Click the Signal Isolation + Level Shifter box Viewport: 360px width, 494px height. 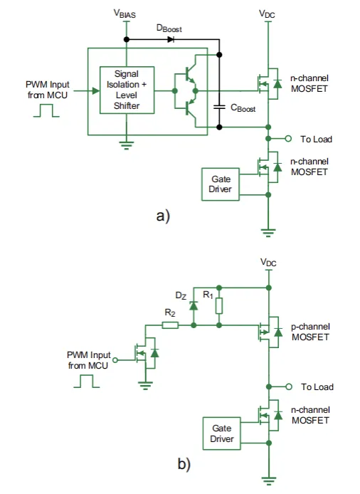coord(126,90)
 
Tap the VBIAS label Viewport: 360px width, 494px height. coord(126,14)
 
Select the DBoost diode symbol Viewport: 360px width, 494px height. coord(171,38)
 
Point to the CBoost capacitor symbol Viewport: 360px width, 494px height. coord(220,107)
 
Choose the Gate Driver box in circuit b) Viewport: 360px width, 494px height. coord(221,433)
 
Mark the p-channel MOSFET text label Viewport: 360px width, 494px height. coord(310,332)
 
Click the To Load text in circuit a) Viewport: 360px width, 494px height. coord(317,139)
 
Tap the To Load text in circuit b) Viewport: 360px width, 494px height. coord(317,387)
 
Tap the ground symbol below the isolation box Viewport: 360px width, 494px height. coord(126,143)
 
